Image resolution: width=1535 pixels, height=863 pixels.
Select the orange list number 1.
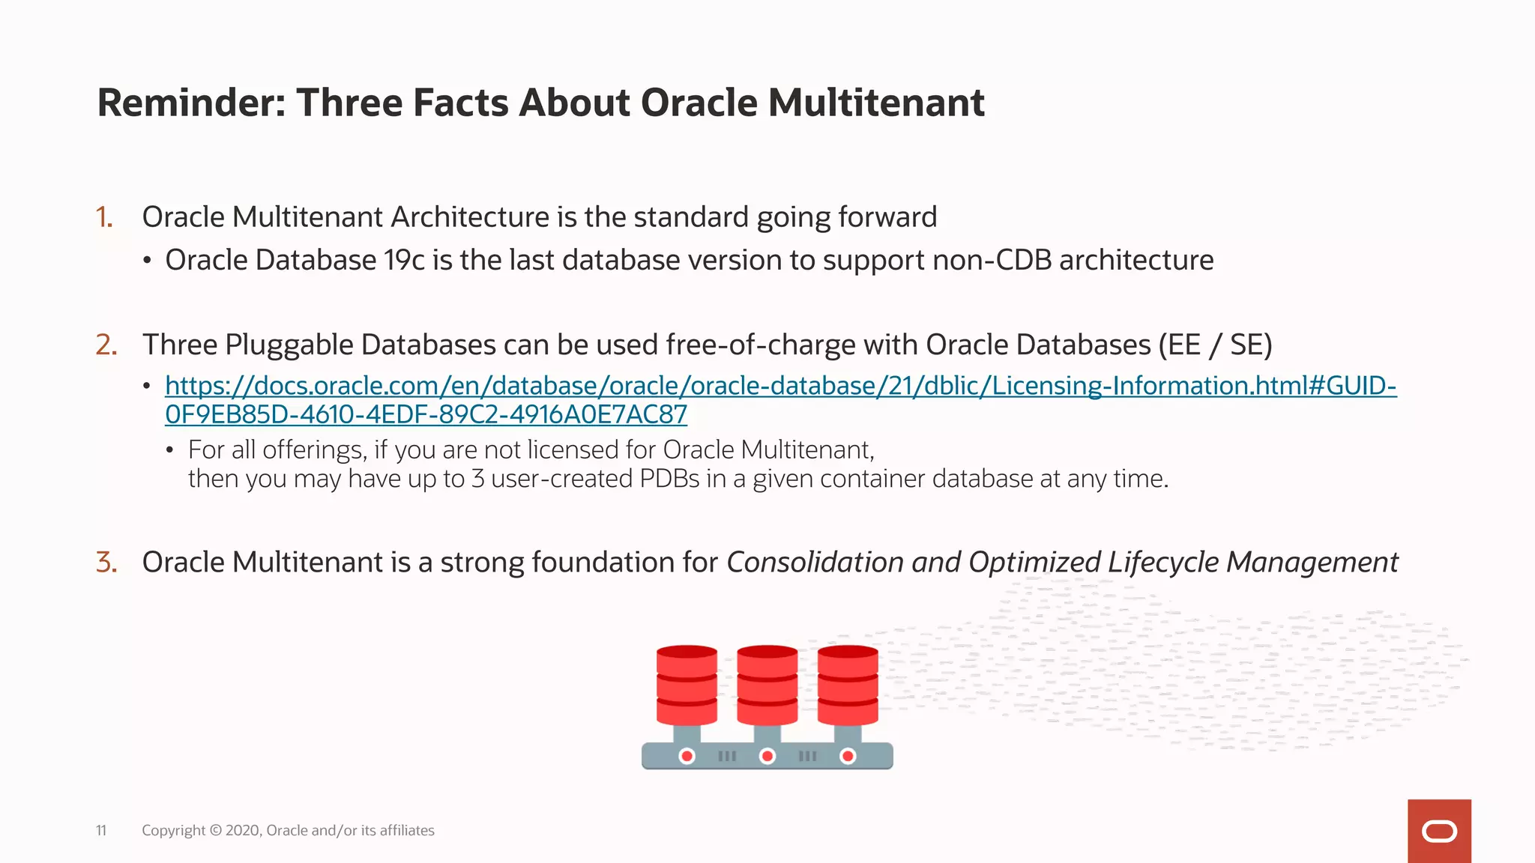coord(104,217)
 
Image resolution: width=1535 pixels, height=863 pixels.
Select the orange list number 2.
coord(106,345)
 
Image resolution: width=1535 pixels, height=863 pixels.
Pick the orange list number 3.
coord(106,562)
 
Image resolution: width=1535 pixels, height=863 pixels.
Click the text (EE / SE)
coord(1215,345)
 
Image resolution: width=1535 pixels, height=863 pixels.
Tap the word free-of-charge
coord(760,345)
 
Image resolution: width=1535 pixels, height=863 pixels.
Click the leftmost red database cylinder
coord(687,685)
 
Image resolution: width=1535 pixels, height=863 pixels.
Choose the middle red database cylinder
coord(767,685)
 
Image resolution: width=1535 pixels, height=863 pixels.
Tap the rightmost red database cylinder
coord(847,685)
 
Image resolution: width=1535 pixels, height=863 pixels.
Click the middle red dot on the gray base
coord(767,756)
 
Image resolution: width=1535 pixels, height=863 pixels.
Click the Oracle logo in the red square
coord(1439,832)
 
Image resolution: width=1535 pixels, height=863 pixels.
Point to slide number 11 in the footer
coord(101,830)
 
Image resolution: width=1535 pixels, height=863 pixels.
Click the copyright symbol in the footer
coord(216,830)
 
